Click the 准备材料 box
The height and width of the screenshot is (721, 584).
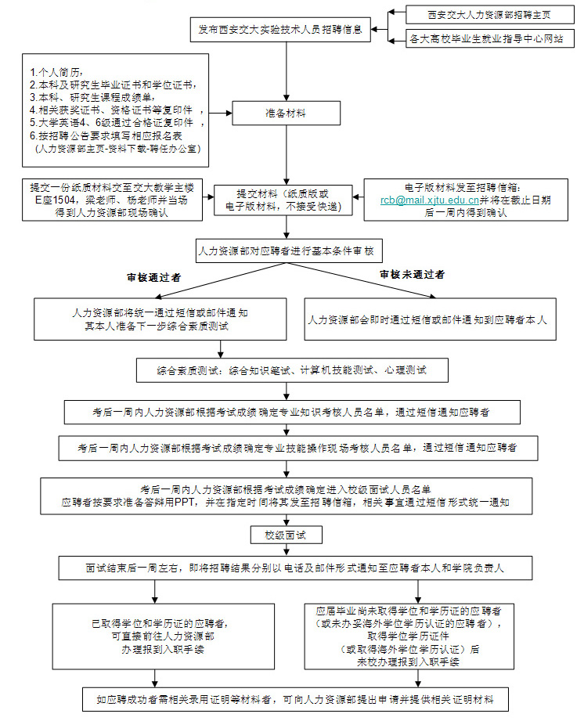[x=285, y=113]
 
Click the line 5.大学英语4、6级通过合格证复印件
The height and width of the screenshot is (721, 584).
[x=117, y=124]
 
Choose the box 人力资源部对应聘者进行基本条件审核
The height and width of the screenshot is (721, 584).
[x=285, y=251]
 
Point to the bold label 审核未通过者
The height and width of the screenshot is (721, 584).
[x=413, y=275]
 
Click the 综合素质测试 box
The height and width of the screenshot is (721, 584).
[x=292, y=369]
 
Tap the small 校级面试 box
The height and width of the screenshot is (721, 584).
[x=279, y=535]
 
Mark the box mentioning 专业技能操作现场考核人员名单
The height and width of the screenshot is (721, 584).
[x=297, y=449]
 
